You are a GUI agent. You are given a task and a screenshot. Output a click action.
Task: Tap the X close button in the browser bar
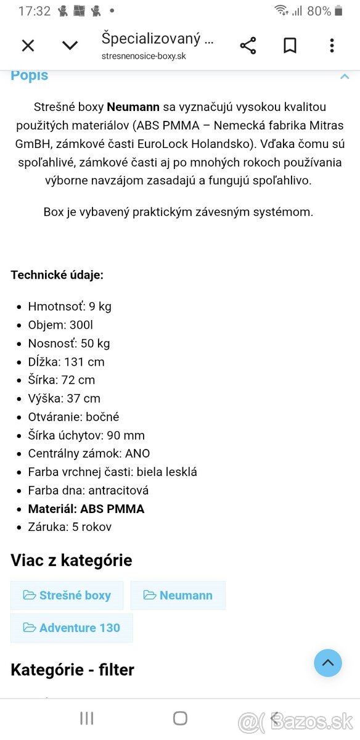point(28,45)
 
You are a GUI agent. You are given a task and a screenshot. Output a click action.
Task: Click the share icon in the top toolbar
point(248,46)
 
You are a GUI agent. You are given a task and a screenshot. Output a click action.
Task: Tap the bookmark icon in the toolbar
point(290,46)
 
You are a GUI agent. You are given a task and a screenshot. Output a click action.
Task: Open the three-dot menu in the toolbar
point(332,46)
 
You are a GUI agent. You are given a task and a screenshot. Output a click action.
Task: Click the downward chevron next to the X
point(70,45)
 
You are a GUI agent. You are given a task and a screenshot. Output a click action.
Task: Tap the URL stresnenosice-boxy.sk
point(144,56)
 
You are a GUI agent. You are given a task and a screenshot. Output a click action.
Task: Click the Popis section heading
point(30,76)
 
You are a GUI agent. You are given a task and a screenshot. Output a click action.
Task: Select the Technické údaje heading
point(57,275)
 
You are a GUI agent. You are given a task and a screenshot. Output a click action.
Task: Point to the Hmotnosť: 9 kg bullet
point(70,306)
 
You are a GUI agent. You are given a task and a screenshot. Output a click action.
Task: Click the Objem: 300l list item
point(60,325)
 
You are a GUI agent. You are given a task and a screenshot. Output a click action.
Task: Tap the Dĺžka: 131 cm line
point(67,362)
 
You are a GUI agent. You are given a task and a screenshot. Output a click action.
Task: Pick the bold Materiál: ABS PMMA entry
point(86,509)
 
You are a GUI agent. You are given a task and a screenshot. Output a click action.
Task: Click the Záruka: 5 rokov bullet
point(70,527)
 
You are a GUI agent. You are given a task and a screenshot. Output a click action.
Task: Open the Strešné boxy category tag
point(67,595)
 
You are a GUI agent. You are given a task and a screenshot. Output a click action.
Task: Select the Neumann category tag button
point(178,595)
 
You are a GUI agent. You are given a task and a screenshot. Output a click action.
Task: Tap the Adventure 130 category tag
point(72,628)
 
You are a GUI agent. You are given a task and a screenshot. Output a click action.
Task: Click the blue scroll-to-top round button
point(328,663)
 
